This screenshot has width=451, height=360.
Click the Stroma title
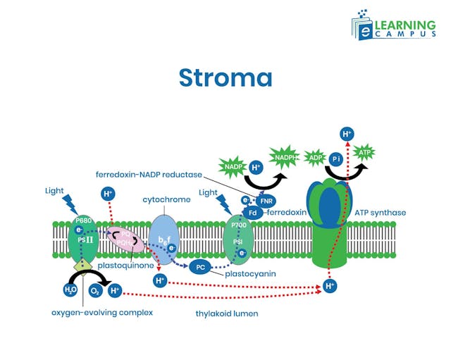225,77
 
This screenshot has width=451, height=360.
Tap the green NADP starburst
232,166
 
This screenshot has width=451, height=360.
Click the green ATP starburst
364,152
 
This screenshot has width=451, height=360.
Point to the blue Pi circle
337,160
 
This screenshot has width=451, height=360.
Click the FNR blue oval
265,200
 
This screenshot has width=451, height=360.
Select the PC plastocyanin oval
201,267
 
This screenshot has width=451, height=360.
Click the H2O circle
70,290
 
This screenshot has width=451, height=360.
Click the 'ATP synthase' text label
381,212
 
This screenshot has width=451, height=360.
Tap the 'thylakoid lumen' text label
226,314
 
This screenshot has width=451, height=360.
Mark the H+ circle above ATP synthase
347,133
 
